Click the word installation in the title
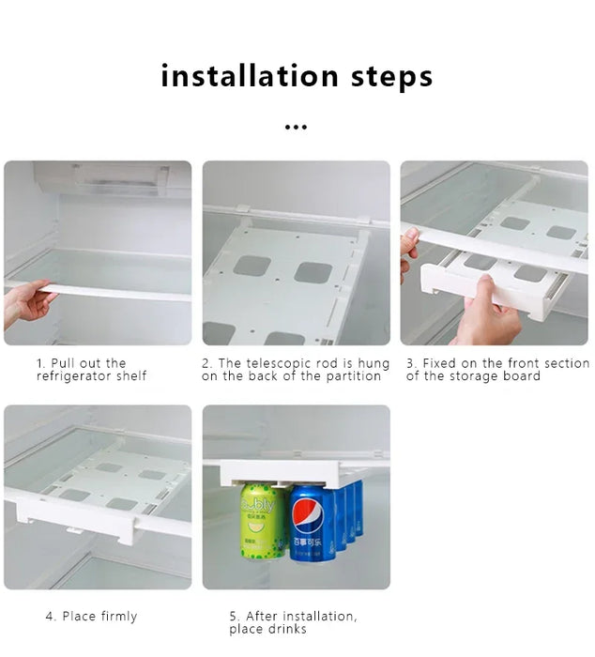249,75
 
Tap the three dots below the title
296,126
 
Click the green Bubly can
263,521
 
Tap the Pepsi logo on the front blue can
311,515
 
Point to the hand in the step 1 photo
24,304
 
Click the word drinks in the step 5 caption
289,629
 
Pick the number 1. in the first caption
41,363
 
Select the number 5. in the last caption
235,617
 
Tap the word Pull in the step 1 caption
62,363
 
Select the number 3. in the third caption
411,363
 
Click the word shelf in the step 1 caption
131,376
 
